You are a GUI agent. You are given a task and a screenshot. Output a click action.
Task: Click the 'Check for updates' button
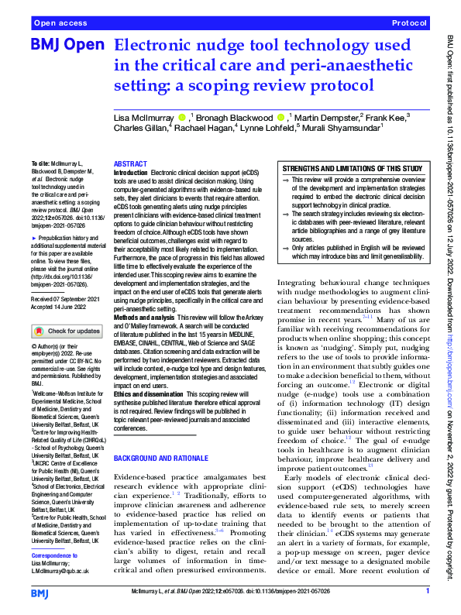click(67, 331)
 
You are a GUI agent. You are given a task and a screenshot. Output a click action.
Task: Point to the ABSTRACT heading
click(131, 165)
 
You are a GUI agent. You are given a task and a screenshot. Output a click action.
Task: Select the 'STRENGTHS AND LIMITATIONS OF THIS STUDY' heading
click(352, 168)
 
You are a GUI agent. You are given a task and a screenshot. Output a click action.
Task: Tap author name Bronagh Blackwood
click(240, 118)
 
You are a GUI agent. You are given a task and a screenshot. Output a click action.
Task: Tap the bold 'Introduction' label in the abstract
click(129, 173)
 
